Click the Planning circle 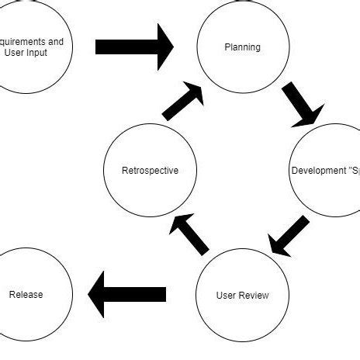tap(243, 47)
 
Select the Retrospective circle tap(150, 170)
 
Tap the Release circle tap(26, 294)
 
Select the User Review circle tap(243, 295)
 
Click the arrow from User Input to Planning tap(133, 47)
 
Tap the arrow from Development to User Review tap(289, 236)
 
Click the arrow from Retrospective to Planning tap(183, 102)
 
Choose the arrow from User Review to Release tap(126, 294)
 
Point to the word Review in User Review tap(255, 295)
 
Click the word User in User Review tap(227, 295)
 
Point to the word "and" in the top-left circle tap(55, 41)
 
